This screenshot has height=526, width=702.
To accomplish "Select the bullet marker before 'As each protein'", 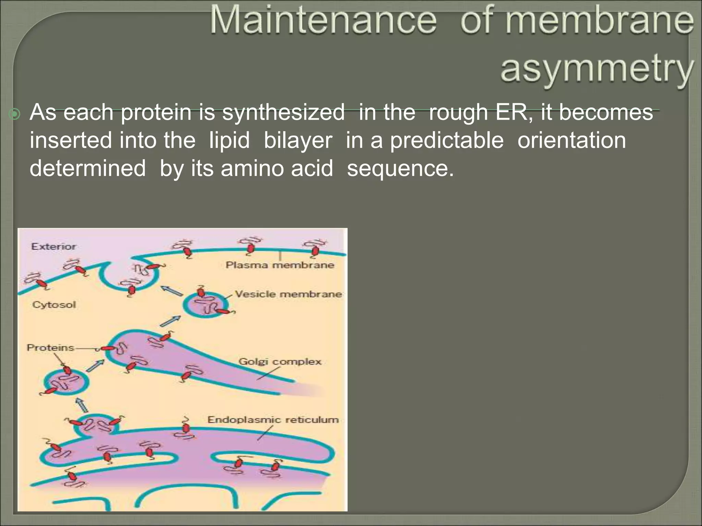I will (x=15, y=114).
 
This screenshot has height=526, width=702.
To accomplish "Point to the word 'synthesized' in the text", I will (x=283, y=112).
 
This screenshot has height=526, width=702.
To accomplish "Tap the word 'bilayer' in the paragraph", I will (x=298, y=140).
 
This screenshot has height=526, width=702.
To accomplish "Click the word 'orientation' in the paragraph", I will (x=571, y=140).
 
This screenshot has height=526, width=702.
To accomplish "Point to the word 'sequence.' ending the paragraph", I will (x=400, y=168).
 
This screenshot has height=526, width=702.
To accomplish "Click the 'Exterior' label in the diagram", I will (x=53, y=247).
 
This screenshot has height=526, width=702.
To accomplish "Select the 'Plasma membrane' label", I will (x=280, y=265).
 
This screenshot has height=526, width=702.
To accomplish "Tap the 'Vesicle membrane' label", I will (x=288, y=294).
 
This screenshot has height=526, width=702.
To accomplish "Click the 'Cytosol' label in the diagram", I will (x=54, y=305).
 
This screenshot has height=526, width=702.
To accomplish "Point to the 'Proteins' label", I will (x=50, y=348).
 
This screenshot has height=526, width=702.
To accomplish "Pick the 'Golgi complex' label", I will (x=280, y=362).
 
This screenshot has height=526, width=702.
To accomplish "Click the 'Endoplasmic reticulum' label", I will (x=273, y=420).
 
